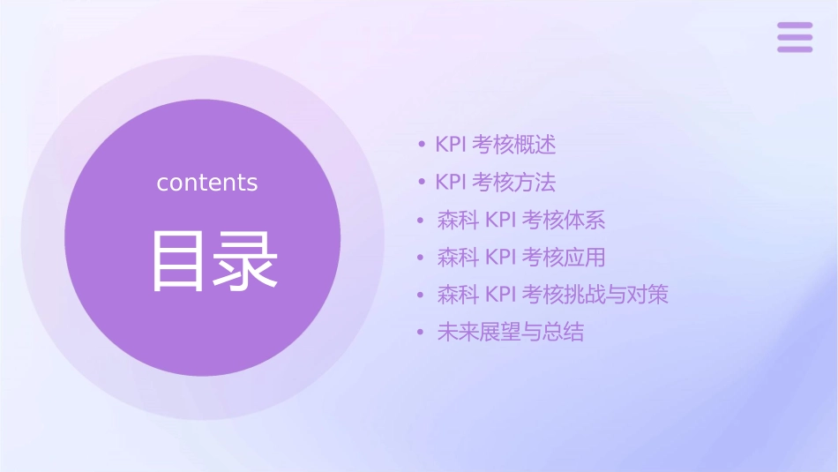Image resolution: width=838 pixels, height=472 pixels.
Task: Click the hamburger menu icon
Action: [795, 37]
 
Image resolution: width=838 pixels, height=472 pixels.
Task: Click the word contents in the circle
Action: [207, 183]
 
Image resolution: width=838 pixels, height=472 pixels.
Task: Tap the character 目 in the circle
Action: [180, 261]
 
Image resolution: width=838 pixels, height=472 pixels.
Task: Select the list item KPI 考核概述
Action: [495, 145]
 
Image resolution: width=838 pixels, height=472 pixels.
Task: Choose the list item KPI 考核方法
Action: [495, 183]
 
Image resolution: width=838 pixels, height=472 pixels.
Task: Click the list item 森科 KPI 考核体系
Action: [520, 220]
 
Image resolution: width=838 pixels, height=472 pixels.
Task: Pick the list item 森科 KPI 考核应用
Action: [520, 258]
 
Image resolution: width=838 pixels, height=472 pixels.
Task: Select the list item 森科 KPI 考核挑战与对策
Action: [552, 295]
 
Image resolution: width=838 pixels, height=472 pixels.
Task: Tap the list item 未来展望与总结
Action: [510, 333]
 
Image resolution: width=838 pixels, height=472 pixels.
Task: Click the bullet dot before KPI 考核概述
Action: [422, 145]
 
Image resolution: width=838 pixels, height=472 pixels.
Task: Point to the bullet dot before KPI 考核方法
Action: [422, 183]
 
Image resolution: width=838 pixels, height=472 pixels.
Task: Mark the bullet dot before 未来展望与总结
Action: [422, 333]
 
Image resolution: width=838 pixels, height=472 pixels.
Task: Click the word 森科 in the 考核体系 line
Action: [457, 220]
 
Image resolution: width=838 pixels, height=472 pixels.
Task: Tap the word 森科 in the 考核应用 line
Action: [457, 258]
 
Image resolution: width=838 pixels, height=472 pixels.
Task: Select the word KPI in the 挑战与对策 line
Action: [500, 295]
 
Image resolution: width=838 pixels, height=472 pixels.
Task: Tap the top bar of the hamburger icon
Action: [795, 26]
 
